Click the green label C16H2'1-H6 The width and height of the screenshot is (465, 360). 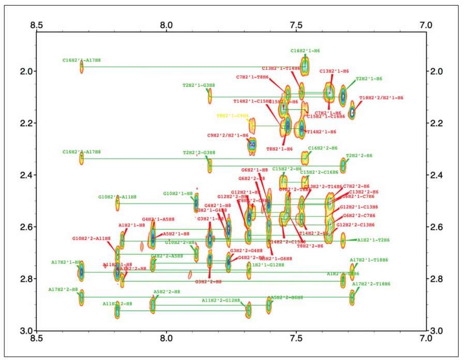pos(305,51)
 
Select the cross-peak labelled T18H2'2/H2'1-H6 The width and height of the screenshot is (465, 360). pos(352,111)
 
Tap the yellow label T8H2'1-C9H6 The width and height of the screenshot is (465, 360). pos(232,116)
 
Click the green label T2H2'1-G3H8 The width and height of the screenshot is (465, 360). pos(199,85)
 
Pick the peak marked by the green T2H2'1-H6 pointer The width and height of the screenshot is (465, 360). pos(342,96)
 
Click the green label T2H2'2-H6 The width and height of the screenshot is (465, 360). pos(359,155)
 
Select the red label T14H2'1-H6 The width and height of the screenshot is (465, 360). pos(321,132)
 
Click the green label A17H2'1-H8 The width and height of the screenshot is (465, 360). pos(66,262)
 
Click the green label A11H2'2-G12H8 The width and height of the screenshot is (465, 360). pos(221,300)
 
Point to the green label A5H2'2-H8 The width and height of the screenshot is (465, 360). pos(167,292)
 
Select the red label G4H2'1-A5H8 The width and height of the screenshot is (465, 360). pos(158,219)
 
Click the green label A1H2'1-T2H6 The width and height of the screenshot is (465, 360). pos(371,240)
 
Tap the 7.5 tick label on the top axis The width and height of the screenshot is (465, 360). pos(296,24)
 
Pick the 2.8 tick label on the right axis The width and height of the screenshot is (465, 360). pos(437,279)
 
